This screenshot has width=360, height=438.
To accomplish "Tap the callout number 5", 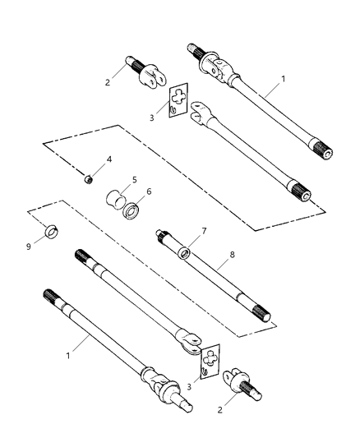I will pyautogui.click(x=134, y=178).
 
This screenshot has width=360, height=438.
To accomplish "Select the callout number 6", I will pyautogui.click(x=149, y=192).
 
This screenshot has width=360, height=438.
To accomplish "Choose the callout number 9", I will pyautogui.click(x=27, y=244).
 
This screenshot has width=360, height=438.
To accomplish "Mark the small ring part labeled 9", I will pyautogui.click(x=50, y=229).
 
